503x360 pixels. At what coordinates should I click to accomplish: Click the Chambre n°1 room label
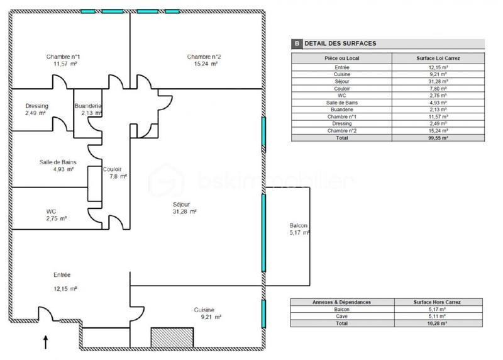coord(62,57)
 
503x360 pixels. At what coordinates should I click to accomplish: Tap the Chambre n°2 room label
coord(203,57)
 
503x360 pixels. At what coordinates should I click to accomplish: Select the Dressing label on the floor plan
coord(36,106)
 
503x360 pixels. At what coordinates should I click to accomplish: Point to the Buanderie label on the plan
coord(88,106)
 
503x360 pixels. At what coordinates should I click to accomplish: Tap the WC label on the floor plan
coord(52,211)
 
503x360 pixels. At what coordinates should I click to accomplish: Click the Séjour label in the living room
coord(182,205)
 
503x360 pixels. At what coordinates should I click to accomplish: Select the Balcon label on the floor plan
coord(298,225)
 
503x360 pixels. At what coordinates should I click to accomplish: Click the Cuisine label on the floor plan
coord(204,310)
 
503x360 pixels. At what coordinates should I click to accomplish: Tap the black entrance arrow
coord(45,342)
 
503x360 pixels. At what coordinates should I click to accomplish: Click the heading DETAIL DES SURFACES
coord(340,43)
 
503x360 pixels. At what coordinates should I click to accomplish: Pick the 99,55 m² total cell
coord(438,137)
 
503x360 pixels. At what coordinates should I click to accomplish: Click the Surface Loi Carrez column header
coord(438,59)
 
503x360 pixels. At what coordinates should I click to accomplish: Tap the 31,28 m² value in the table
coord(438,81)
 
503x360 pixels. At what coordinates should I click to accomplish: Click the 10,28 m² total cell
coord(438,323)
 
